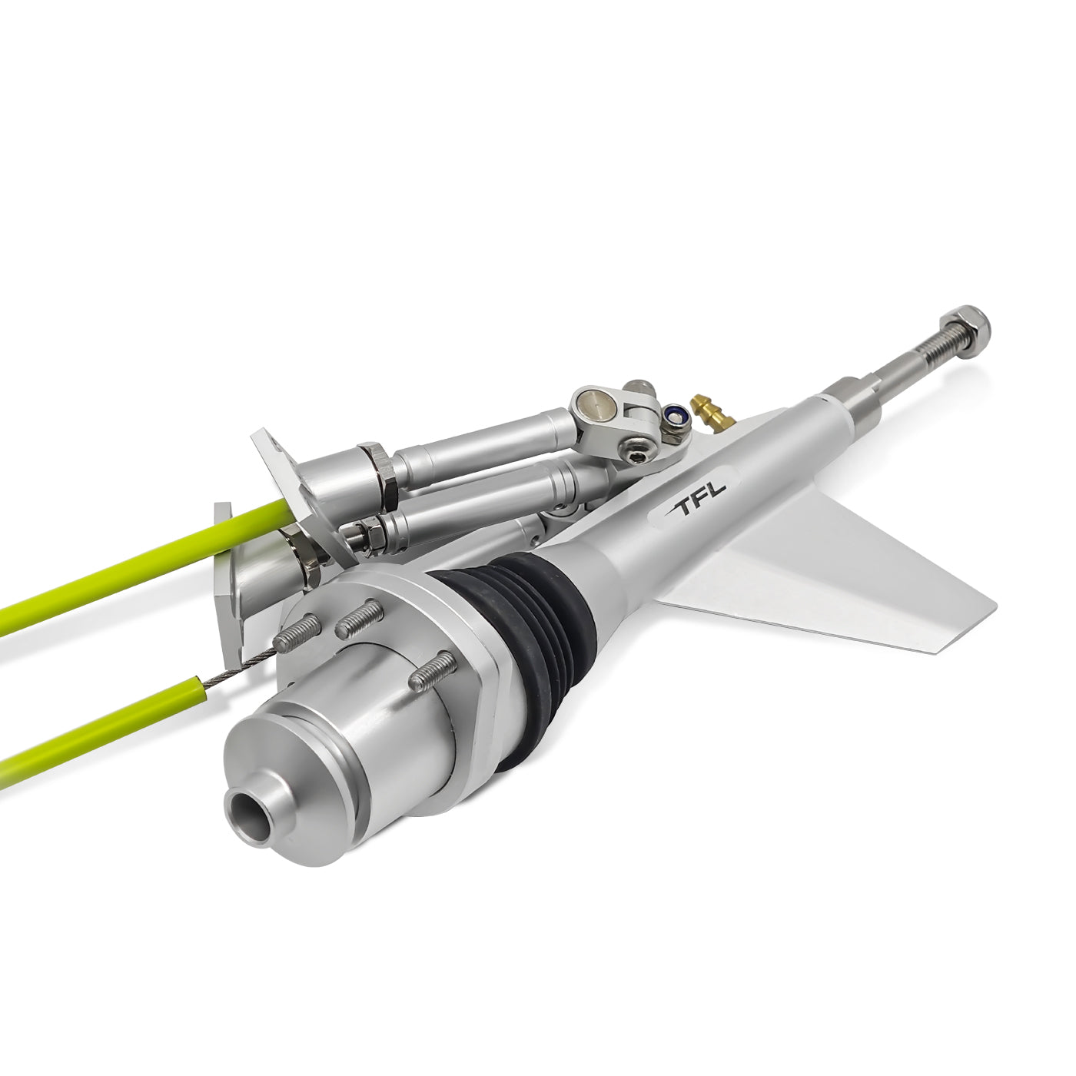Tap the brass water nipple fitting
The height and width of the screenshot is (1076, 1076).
(x=706, y=411)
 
